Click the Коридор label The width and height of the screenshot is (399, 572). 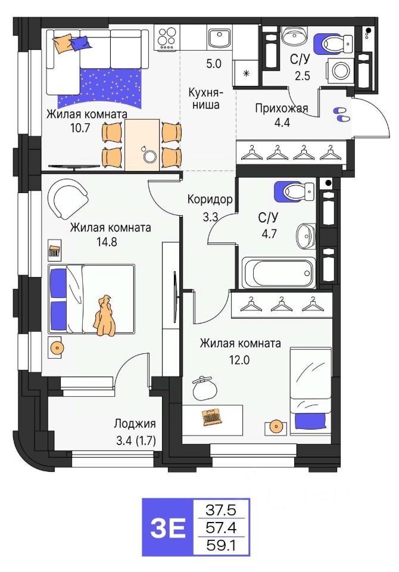click(x=209, y=199)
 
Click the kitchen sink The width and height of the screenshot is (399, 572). click(x=219, y=38)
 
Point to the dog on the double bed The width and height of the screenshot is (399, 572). click(x=105, y=315)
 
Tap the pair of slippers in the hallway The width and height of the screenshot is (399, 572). click(x=341, y=114)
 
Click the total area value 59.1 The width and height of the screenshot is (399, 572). click(x=219, y=545)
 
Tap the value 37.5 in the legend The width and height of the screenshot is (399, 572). click(x=219, y=510)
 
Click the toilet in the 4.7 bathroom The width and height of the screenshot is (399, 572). click(x=294, y=192)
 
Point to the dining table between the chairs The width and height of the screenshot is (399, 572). click(x=142, y=144)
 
